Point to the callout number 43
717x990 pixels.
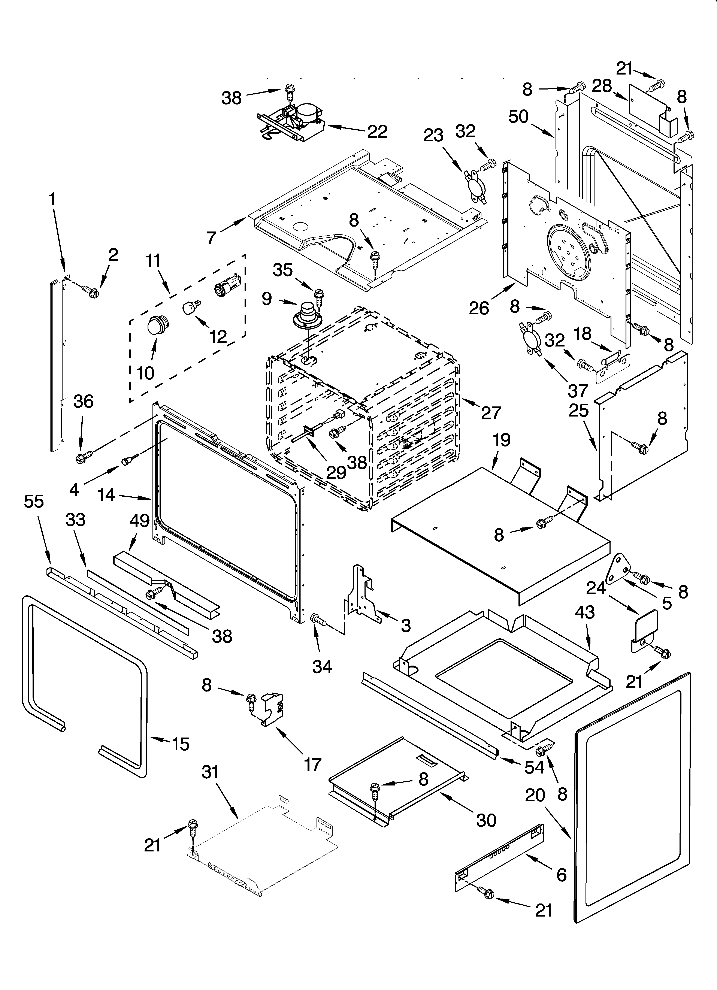(x=585, y=612)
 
